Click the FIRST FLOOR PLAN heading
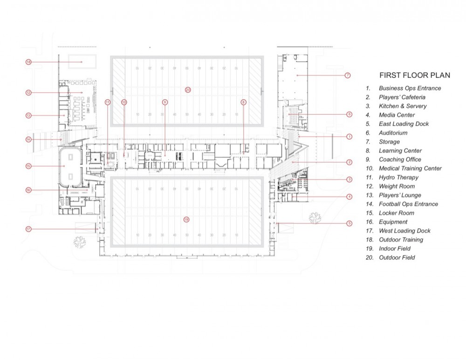pos(414,75)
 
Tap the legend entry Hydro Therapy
pos(398,177)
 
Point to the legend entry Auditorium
pos(393,133)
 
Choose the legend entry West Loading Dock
pos(404,231)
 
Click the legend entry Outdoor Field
pos(397,257)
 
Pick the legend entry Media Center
pos(397,115)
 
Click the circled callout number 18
pos(28,62)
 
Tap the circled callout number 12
pos(28,93)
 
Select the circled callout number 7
pos(348,75)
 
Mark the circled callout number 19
pos(186,219)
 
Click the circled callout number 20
pos(188,89)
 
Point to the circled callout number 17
pos(28,228)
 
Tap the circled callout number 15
pos(28,166)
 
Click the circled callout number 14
pos(28,139)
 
